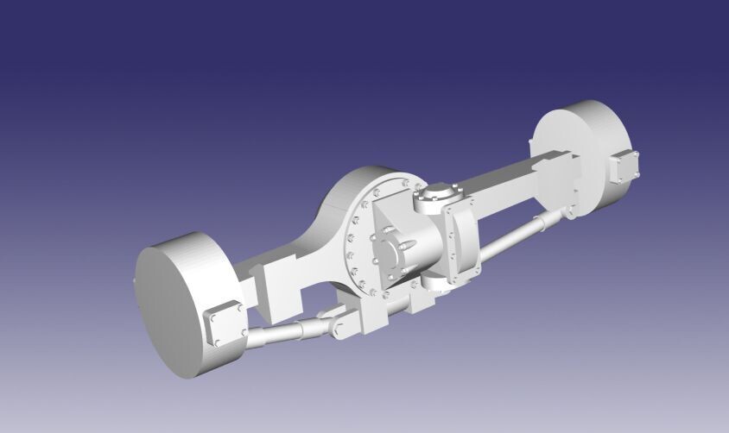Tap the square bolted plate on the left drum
pyautogui.click(x=225, y=326)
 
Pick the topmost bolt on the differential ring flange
pyautogui.click(x=405, y=183)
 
